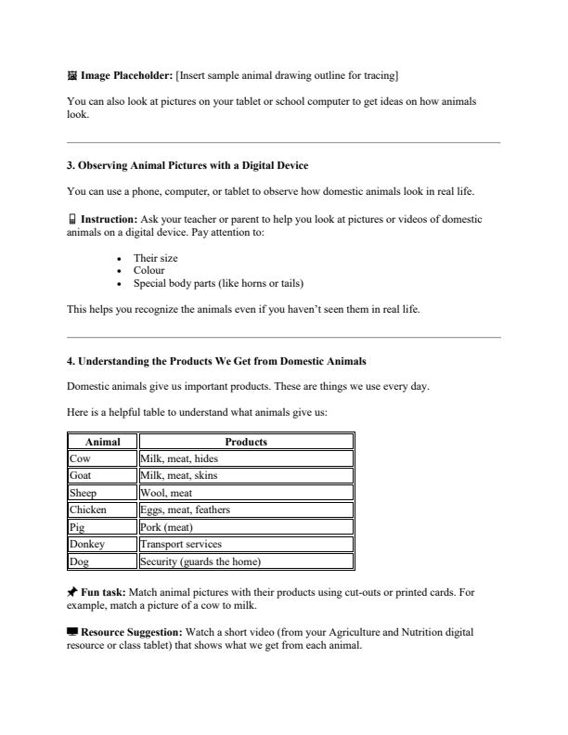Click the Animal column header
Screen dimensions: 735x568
click(102, 442)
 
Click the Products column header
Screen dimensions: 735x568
click(246, 442)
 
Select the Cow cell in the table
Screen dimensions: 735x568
click(102, 458)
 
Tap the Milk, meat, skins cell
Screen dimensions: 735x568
click(246, 475)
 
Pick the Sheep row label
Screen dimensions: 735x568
click(102, 493)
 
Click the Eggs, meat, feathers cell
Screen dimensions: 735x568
click(246, 509)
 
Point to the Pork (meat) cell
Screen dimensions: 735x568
click(246, 527)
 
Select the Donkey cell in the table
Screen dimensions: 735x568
click(102, 544)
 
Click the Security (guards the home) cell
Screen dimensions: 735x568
click(246, 561)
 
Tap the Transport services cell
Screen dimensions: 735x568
click(246, 544)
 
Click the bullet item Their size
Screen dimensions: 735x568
click(155, 258)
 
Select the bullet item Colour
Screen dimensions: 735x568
click(148, 270)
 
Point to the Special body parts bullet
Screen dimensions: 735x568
click(218, 283)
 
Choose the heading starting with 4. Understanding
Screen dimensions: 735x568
click(216, 361)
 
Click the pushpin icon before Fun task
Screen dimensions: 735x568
click(72, 590)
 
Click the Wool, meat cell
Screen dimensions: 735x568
click(246, 493)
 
